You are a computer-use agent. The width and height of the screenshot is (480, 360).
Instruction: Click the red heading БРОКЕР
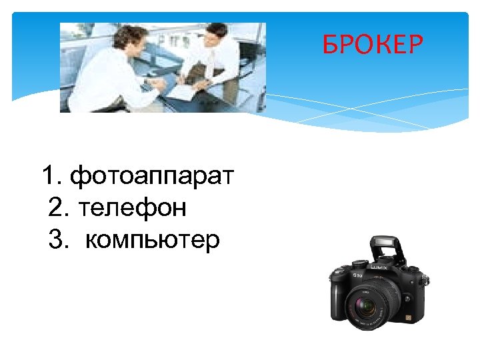373,45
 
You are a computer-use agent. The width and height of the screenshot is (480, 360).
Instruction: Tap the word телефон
132,208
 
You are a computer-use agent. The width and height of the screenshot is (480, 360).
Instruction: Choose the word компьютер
152,239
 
